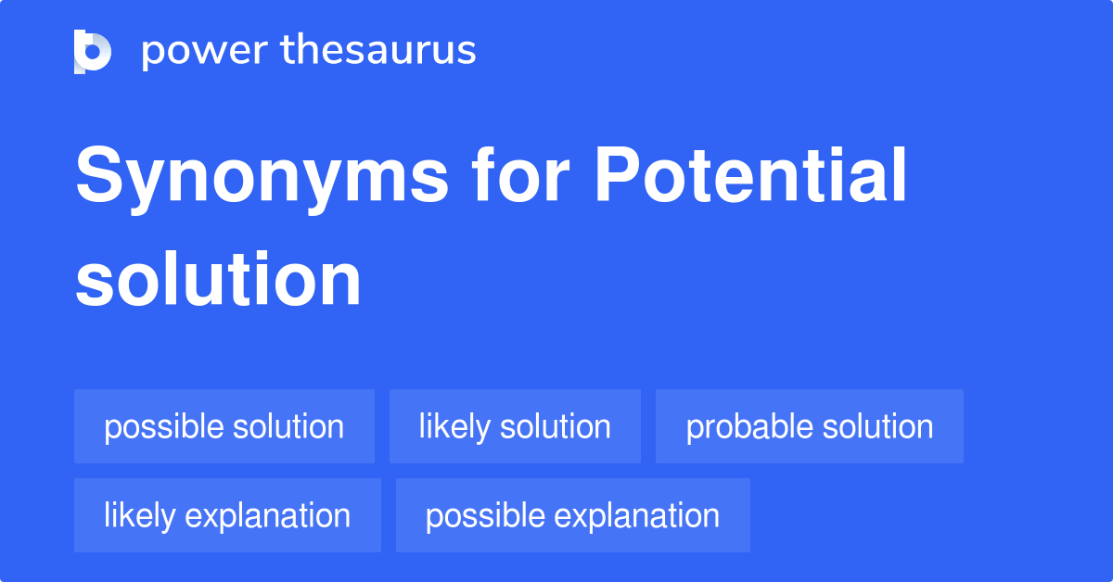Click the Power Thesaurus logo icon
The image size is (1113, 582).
coord(93,51)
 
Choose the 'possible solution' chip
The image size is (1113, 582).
coord(224,426)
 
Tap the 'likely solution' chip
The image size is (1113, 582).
coord(515,426)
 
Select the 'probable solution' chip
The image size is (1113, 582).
coord(809,426)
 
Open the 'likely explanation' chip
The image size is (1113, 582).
coord(227,515)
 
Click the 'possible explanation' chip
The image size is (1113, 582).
coord(572,515)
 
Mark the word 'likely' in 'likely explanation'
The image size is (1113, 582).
coord(140,515)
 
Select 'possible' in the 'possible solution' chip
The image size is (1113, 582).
coord(163,426)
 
